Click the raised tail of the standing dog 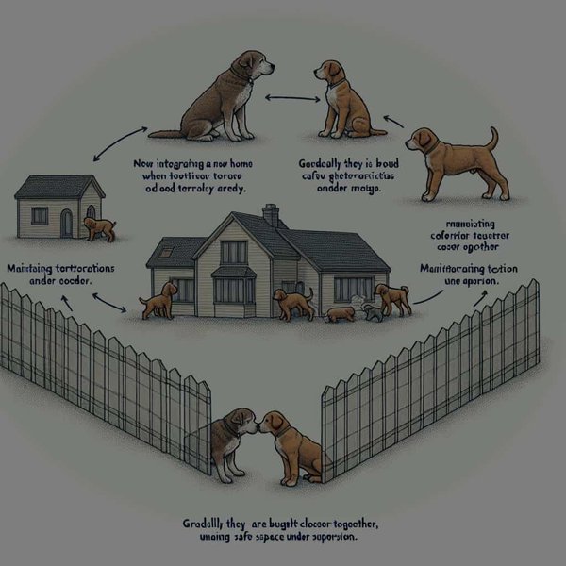[x=491, y=139]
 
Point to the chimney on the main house [x=271, y=215]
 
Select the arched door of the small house [x=66, y=224]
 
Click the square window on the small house [x=39, y=216]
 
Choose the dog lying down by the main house [x=339, y=313]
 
